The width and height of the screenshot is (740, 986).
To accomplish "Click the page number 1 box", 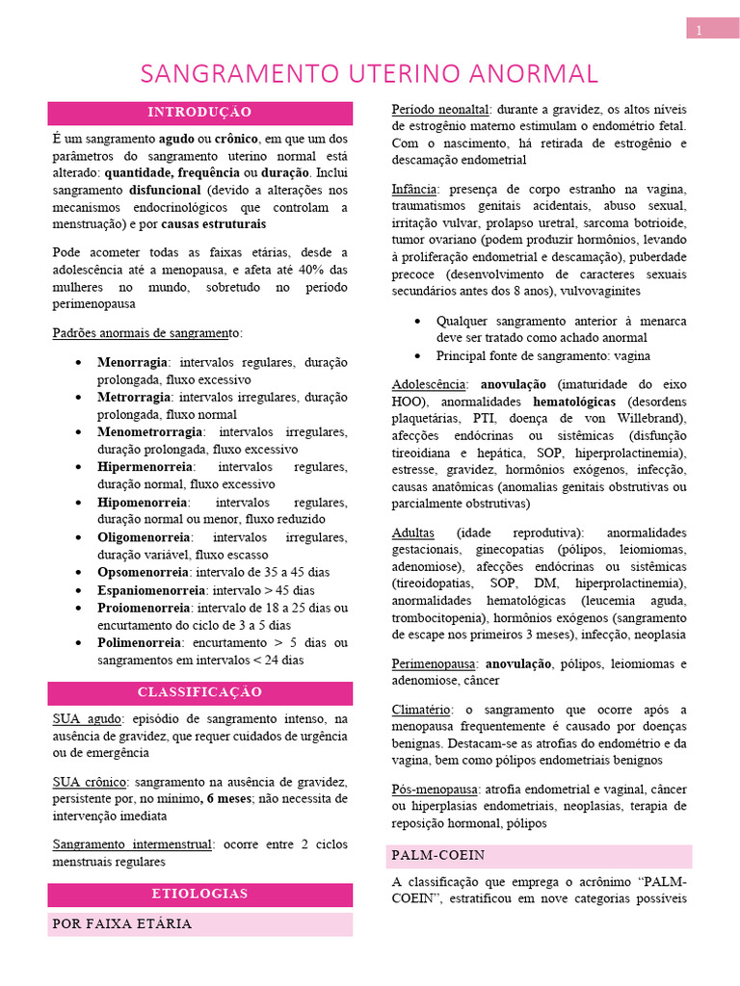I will click(711, 30).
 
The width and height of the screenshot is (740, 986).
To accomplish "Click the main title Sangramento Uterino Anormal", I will click(369, 74).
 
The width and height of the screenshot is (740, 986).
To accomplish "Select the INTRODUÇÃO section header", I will click(200, 113).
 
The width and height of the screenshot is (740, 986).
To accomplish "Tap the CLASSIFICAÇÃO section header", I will click(200, 693).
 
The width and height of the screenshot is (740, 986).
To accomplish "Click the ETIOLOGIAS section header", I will click(200, 895).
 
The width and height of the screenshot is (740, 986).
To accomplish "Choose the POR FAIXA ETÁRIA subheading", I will click(122, 924).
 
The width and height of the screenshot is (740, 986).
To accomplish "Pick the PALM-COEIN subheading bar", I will click(437, 856).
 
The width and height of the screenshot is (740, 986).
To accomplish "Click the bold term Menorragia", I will click(132, 363).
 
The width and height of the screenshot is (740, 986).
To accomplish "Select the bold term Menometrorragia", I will click(149, 432).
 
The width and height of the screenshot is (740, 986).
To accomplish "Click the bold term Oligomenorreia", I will click(144, 537).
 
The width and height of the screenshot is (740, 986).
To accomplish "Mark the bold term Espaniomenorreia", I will click(149, 590).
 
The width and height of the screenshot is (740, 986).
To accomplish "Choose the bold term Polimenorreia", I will click(139, 642).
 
